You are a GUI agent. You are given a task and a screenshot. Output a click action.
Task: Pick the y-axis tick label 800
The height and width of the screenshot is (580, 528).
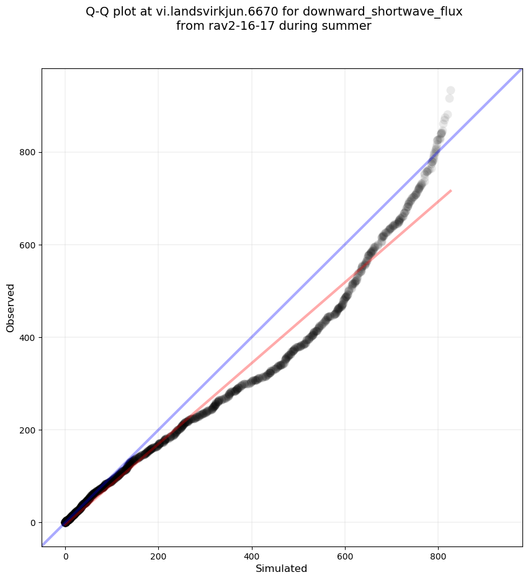[x=27, y=152]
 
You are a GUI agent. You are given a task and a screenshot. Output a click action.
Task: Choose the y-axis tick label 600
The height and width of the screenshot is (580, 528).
[x=27, y=245]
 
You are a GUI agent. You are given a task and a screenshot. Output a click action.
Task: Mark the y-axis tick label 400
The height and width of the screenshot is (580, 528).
[x=27, y=337]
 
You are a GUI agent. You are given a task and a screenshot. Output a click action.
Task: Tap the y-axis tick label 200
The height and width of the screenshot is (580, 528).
[x=27, y=430]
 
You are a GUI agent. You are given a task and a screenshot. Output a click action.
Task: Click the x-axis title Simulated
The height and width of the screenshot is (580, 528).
[x=282, y=568]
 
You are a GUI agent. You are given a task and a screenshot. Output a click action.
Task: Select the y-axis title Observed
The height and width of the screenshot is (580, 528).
[x=11, y=307]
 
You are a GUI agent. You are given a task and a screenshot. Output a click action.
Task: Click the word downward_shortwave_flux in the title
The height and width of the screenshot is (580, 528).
[x=382, y=11]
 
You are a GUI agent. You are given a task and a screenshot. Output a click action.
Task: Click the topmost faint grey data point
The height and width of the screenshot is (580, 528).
[x=450, y=91]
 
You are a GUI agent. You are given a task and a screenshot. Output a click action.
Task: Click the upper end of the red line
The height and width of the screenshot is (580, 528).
[x=450, y=190]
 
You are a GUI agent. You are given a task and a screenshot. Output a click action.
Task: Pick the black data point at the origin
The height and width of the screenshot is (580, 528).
[x=65, y=522]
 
